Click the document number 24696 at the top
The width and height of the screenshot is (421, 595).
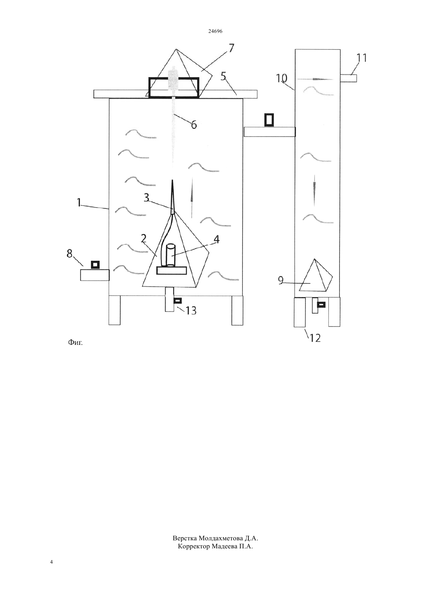[215, 31]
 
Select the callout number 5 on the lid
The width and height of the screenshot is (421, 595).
[223, 76]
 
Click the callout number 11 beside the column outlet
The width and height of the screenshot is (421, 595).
[361, 58]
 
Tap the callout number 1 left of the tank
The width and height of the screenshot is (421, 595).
[79, 202]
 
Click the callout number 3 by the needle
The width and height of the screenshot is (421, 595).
[147, 197]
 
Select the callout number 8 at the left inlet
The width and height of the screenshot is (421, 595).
[69, 254]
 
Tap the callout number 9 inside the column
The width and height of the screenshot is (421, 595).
[281, 281]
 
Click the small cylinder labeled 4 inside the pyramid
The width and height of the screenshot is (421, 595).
[170, 255]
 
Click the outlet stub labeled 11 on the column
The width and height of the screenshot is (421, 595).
[348, 78]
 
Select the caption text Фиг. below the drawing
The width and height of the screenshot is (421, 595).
[75, 343]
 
